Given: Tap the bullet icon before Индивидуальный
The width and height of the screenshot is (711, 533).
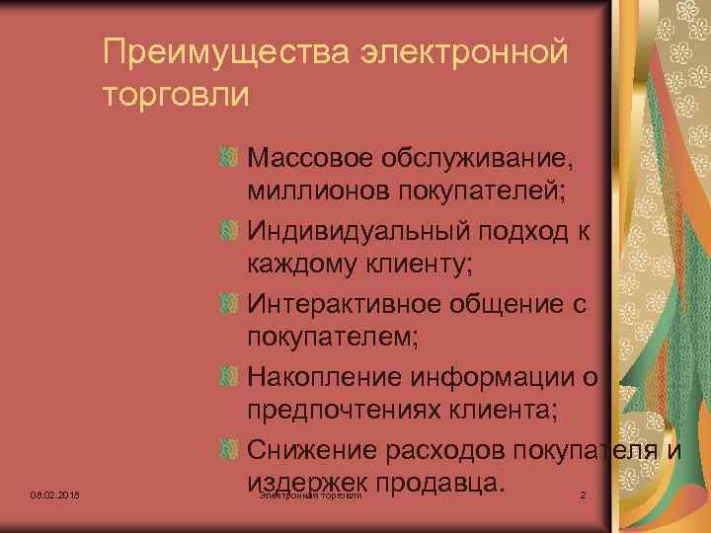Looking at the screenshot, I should pyautogui.click(x=228, y=231).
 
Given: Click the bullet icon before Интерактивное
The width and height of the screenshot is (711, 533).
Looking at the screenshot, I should pyautogui.click(x=228, y=304).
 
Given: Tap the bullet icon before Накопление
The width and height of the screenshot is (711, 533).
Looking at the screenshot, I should pyautogui.click(x=228, y=377).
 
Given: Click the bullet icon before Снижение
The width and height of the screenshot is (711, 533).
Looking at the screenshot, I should pyautogui.click(x=228, y=450).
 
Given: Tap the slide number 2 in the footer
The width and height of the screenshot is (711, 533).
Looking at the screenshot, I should pyautogui.click(x=583, y=494).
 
